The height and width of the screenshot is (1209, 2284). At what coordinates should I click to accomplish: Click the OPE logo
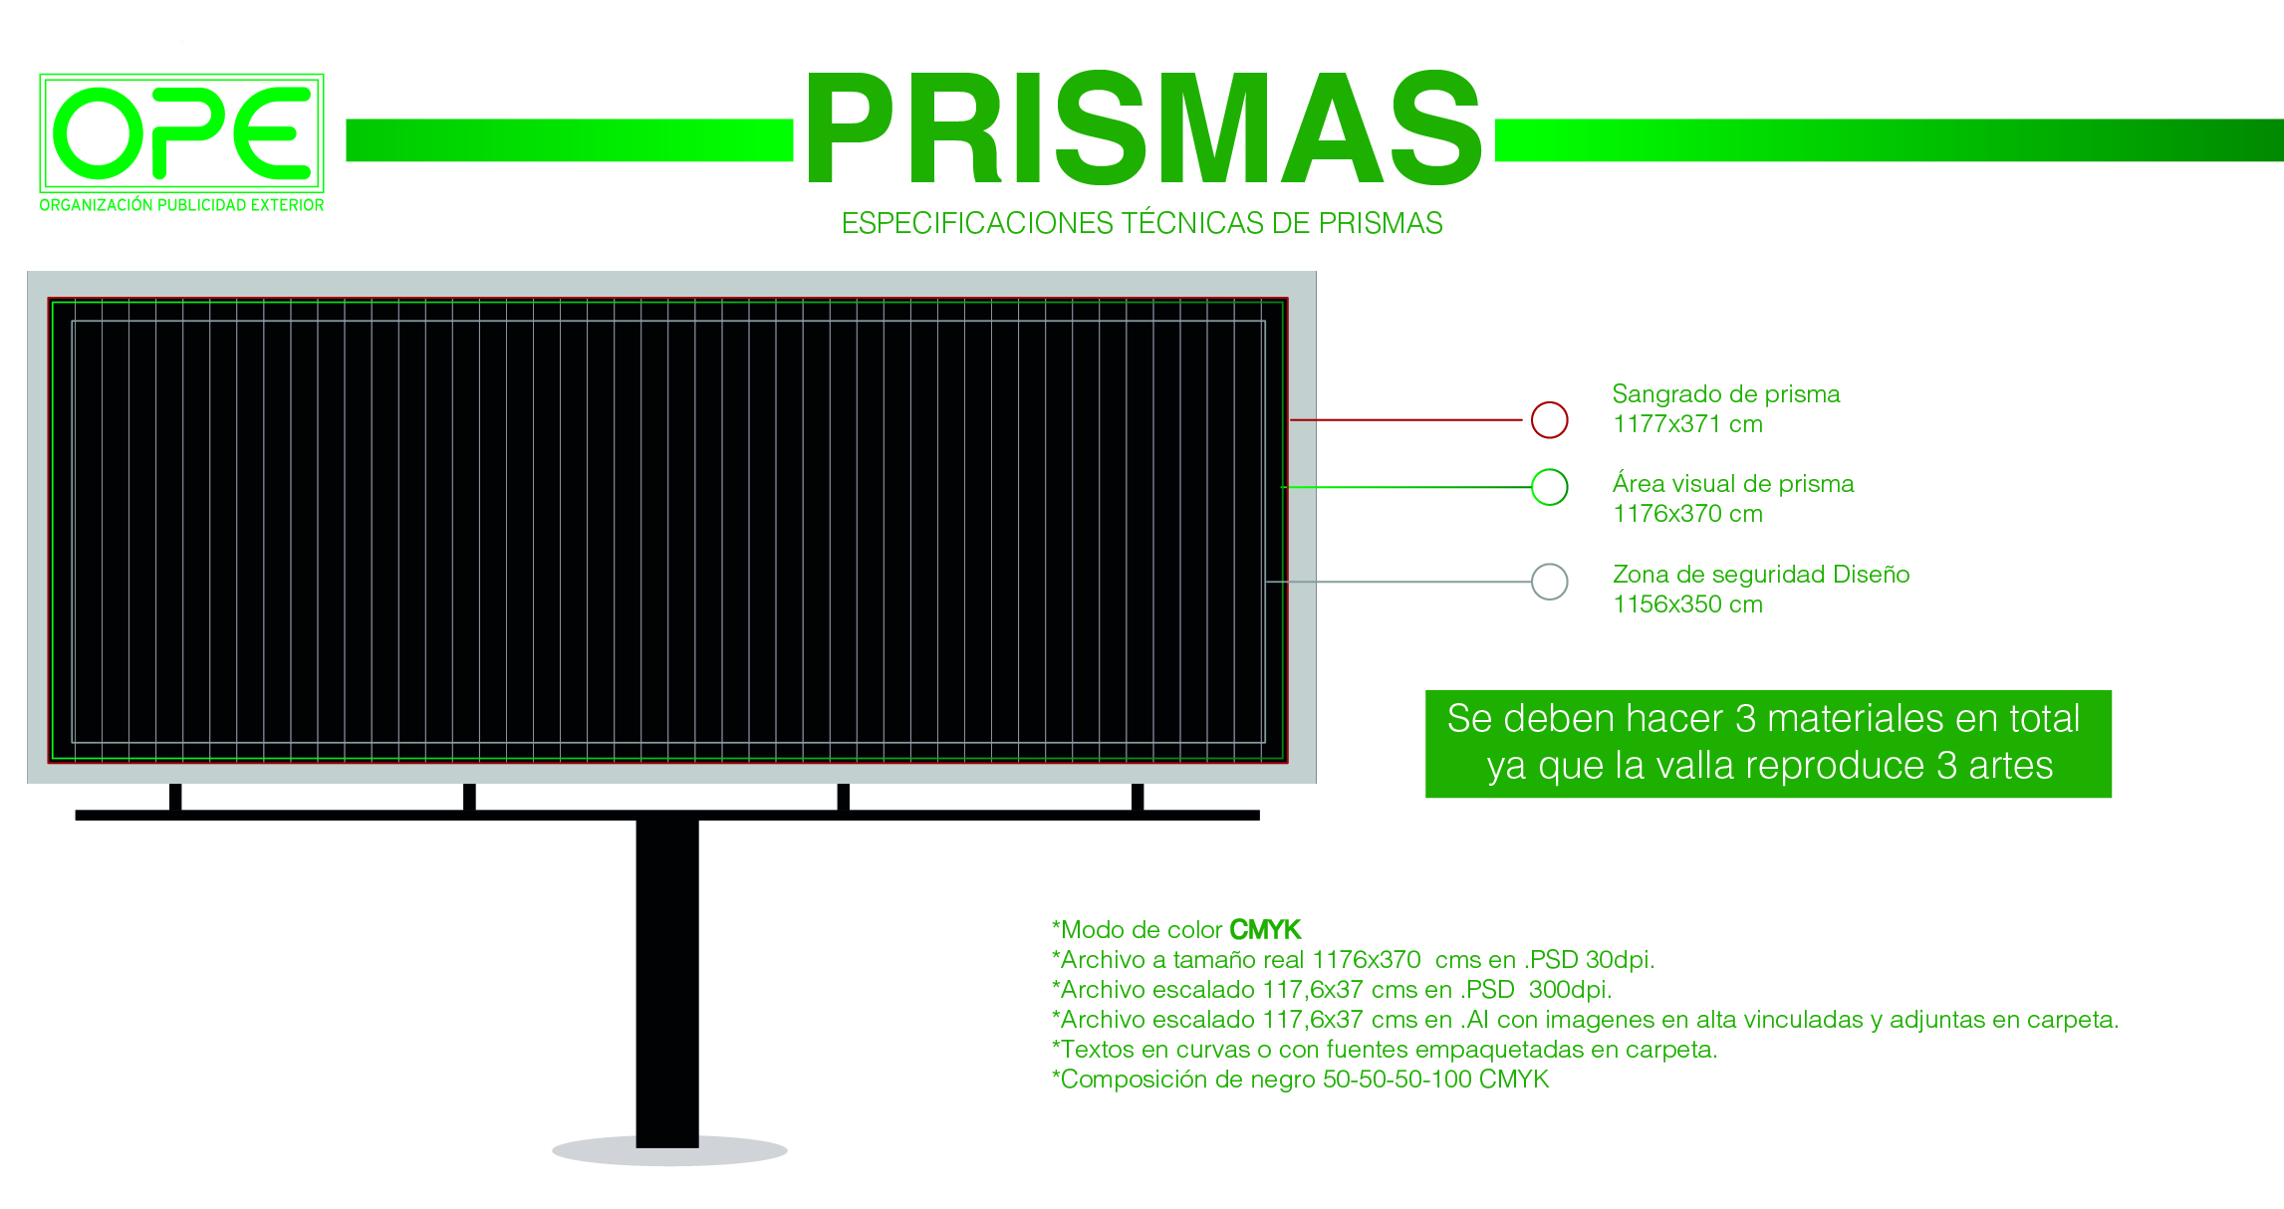point(181,132)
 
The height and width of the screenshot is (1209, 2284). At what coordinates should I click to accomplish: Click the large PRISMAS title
point(1144,128)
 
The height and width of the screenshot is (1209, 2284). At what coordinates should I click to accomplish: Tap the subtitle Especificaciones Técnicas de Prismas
point(1142,223)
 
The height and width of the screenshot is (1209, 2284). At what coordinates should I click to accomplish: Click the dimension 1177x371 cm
point(1687,424)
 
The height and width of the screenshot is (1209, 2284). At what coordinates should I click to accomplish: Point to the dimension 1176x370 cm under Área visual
point(1687,514)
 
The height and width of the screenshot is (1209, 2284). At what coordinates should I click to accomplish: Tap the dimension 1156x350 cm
point(1687,604)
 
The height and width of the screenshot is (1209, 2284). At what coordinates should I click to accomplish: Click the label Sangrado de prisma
point(1726,394)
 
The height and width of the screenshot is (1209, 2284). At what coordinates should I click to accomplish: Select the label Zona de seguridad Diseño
point(1761,575)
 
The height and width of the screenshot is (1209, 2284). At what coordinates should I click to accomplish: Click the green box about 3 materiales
point(1768,744)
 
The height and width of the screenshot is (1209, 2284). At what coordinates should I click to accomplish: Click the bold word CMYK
point(1265,930)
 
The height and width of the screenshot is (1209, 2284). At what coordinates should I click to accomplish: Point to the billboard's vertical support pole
point(667,981)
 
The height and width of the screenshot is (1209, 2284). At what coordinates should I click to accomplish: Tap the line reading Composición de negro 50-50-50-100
point(1300,1080)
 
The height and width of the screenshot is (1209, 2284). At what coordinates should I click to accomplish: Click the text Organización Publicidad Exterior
point(181,205)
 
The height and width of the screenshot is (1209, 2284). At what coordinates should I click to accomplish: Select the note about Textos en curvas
point(1385,1050)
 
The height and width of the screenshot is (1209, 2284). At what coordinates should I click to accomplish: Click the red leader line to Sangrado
point(1406,420)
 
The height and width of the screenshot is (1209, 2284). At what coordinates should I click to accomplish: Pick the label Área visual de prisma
point(1733,484)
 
